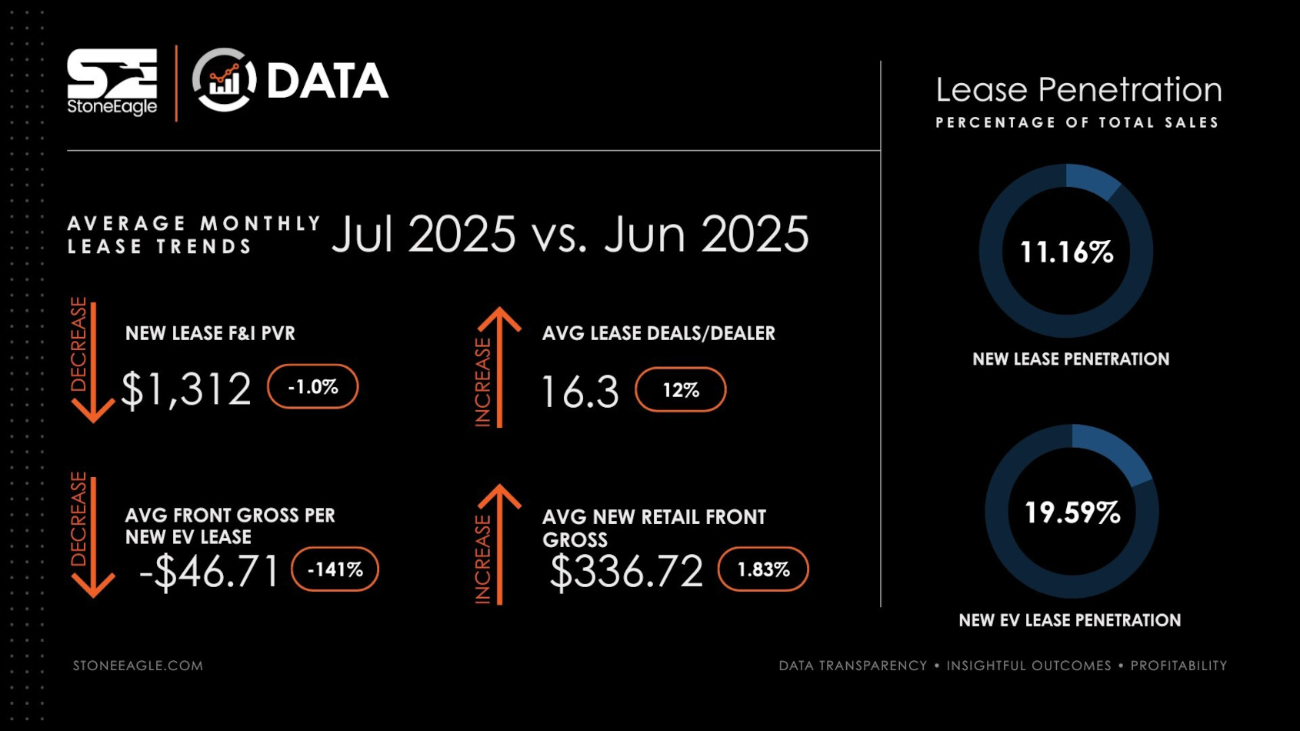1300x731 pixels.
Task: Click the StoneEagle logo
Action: click(x=112, y=82)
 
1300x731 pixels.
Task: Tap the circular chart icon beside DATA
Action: click(x=224, y=80)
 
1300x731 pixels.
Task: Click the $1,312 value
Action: click(x=186, y=389)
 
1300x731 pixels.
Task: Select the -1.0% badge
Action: click(x=312, y=386)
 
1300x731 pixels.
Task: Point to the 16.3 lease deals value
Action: click(x=580, y=392)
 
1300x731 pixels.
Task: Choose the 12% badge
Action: click(x=681, y=389)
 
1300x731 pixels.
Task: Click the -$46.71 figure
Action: click(x=209, y=571)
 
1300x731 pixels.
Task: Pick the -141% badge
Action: click(x=335, y=569)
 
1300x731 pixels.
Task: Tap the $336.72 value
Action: click(x=626, y=572)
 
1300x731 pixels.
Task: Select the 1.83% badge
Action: click(x=763, y=569)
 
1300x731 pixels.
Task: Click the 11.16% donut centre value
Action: click(x=1066, y=252)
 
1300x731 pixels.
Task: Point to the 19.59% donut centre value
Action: click(x=1072, y=512)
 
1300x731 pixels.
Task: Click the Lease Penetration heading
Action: click(x=1078, y=90)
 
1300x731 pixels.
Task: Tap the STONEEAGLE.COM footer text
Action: click(x=138, y=666)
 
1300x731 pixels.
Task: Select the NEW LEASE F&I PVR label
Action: click(x=210, y=333)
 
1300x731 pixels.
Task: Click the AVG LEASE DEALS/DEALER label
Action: click(x=658, y=333)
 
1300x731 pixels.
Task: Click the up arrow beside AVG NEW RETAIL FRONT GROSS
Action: click(x=500, y=542)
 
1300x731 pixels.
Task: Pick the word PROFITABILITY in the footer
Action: click(x=1178, y=666)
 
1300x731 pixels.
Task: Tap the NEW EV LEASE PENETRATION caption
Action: click(x=1069, y=620)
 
